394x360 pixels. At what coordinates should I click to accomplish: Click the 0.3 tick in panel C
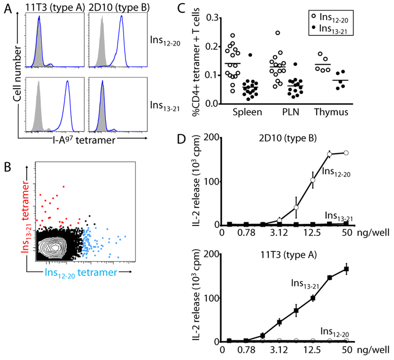[x=217, y=18]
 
